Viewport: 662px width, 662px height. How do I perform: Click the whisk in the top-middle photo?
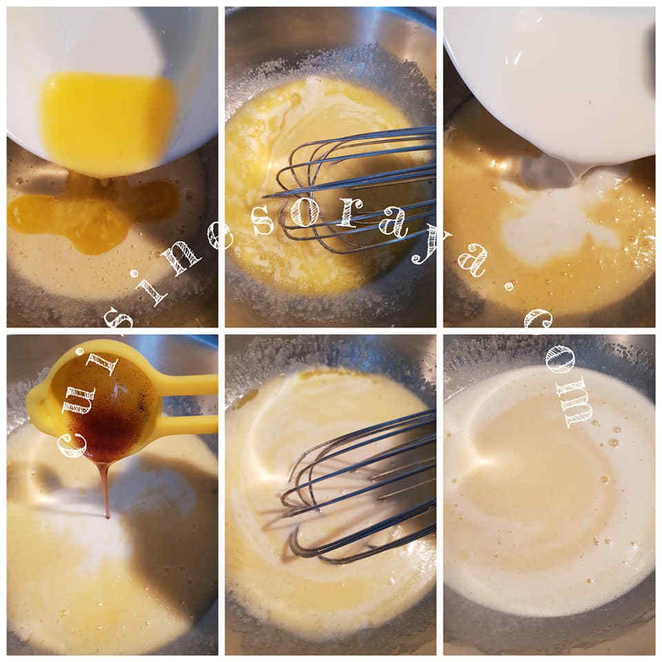pyautogui.click(x=350, y=190)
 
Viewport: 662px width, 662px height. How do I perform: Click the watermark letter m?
pyautogui.click(x=576, y=408)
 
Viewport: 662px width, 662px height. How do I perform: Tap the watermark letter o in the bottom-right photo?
pyautogui.click(x=561, y=361)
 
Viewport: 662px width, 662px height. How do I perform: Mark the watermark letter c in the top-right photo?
pyautogui.click(x=539, y=321)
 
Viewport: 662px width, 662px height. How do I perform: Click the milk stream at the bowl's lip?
pyautogui.click(x=578, y=172)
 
